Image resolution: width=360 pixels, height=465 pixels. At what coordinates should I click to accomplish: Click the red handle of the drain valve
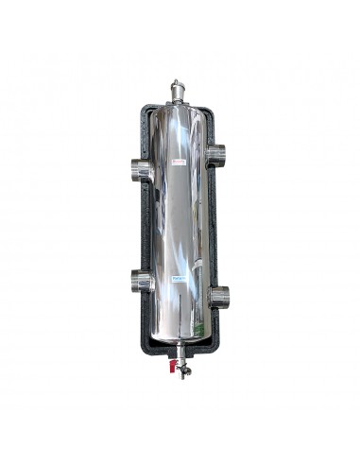click(x=168, y=361)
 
